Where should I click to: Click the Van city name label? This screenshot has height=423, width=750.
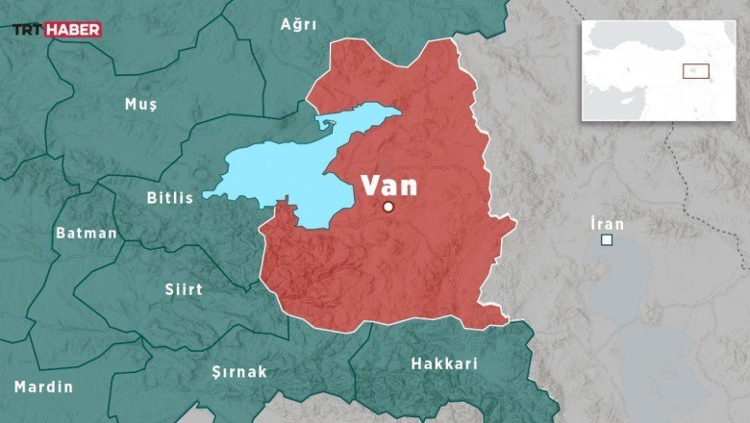388,184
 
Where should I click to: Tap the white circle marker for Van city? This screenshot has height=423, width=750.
388,207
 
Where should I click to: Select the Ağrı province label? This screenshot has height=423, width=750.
298,24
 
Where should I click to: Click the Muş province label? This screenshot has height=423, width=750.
140,103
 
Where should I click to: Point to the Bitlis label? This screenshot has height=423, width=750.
170,198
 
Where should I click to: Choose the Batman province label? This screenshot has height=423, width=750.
87,233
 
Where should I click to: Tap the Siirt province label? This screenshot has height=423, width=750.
183,287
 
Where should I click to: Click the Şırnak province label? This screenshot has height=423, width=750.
239,371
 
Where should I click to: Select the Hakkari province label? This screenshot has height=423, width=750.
443,363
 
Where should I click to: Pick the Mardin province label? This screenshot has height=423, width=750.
43,386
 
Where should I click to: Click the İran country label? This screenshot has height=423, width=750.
607,224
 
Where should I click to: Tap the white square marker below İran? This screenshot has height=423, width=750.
607,240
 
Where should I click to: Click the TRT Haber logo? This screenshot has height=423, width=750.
56,30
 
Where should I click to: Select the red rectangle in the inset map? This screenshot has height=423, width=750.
695,70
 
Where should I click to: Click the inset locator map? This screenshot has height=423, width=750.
658,70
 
